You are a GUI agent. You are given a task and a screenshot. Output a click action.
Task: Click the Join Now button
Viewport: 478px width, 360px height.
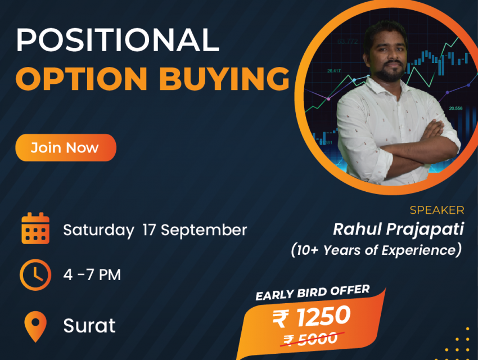pyautogui.click(x=66, y=147)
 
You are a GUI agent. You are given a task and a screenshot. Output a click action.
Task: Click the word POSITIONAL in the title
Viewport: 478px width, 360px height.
pyautogui.click(x=118, y=39)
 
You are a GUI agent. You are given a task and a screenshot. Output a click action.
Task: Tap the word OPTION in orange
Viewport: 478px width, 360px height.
pyautogui.click(x=82, y=79)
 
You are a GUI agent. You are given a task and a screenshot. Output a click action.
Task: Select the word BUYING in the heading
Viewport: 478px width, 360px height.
pyautogui.click(x=224, y=79)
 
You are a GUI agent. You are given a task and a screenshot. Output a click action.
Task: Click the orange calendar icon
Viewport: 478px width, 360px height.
pyautogui.click(x=35, y=228)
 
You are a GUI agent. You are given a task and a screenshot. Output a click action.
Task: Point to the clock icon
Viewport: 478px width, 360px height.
pyautogui.click(x=35, y=274)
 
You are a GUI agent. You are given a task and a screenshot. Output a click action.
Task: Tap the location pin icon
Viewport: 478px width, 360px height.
pyautogui.click(x=35, y=326)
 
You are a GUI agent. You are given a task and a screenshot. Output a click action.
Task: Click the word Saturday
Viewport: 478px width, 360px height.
pyautogui.click(x=98, y=230)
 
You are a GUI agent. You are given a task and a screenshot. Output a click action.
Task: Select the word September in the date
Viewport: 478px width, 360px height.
pyautogui.click(x=204, y=230)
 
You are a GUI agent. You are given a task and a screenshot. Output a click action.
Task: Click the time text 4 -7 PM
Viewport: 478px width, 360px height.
pyautogui.click(x=92, y=274)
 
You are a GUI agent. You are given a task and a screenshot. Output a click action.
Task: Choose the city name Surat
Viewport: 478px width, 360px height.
pyautogui.click(x=89, y=326)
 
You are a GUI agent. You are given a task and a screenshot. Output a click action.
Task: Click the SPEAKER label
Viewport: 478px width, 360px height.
pyautogui.click(x=437, y=210)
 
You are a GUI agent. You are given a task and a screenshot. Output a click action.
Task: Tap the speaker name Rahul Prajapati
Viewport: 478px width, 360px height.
pyautogui.click(x=399, y=229)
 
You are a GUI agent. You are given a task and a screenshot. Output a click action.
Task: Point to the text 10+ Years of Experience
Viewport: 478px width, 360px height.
pyautogui.click(x=376, y=250)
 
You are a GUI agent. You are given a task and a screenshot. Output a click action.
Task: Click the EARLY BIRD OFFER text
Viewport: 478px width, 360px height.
pyautogui.click(x=313, y=292)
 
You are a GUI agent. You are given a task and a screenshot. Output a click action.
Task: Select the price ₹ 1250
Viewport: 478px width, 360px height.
pyautogui.click(x=311, y=317)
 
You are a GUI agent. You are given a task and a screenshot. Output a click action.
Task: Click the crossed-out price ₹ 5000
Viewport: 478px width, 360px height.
pyautogui.click(x=311, y=339)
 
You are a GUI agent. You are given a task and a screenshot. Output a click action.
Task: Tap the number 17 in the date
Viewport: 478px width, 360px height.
pyautogui.click(x=150, y=230)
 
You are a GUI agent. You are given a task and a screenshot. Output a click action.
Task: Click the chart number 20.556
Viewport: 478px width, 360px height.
pyautogui.click(x=456, y=108)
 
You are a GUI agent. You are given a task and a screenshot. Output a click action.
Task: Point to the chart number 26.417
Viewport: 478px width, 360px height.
pyautogui.click(x=334, y=71)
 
